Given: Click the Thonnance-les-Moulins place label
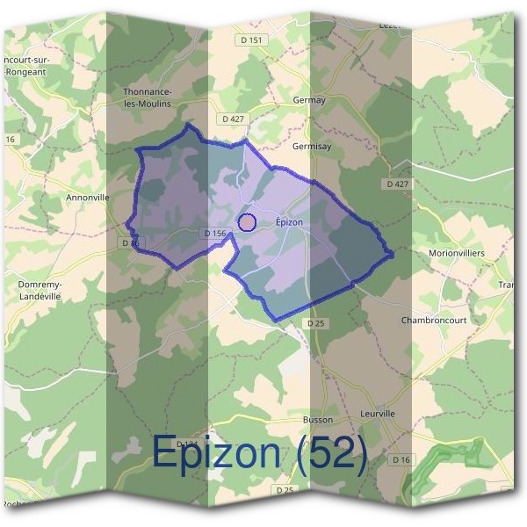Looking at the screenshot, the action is (148, 97).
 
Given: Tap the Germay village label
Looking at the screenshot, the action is (308, 100).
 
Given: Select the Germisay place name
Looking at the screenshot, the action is (312, 147).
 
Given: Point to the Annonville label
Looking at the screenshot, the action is (88, 198).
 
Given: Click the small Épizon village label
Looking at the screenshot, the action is (289, 222).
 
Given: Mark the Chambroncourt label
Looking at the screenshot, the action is (435, 320).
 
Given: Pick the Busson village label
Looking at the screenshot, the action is (318, 420).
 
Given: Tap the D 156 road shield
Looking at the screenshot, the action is (215, 234).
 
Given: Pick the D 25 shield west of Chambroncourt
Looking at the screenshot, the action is (317, 323).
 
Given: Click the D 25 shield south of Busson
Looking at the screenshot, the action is (284, 489).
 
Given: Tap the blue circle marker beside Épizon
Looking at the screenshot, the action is (247, 222).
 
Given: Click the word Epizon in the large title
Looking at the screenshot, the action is (219, 453).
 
